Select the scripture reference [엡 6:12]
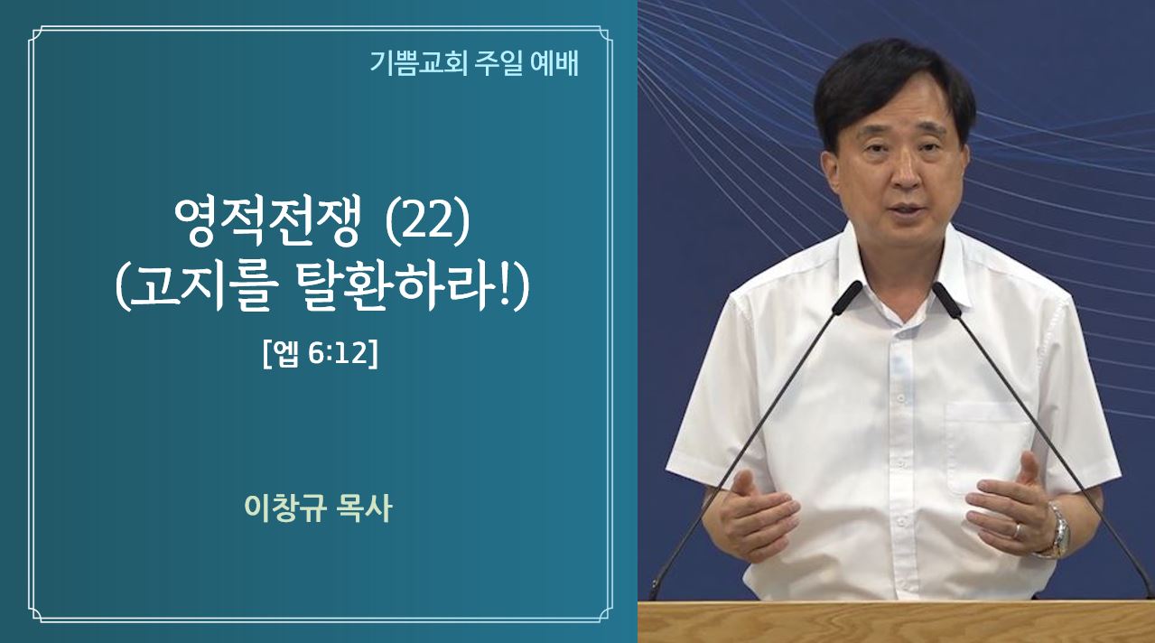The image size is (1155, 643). click(321, 354)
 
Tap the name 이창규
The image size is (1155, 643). click(285, 508)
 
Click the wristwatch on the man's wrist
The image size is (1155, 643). click(1056, 531)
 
